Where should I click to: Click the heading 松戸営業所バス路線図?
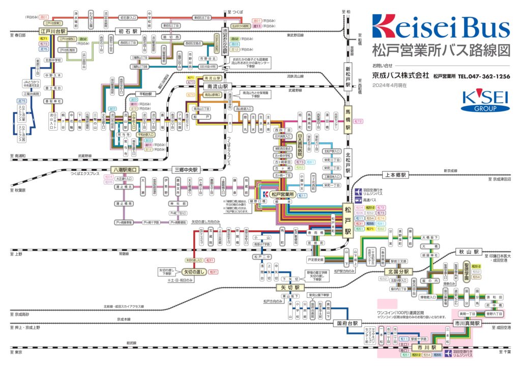coord(441,51)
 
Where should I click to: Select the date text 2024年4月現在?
coord(389,85)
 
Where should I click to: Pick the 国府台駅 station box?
coord(348,323)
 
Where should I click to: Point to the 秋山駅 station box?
coord(469,252)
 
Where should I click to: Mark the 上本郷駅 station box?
coord(396,175)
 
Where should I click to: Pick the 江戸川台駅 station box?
coord(54,31)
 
